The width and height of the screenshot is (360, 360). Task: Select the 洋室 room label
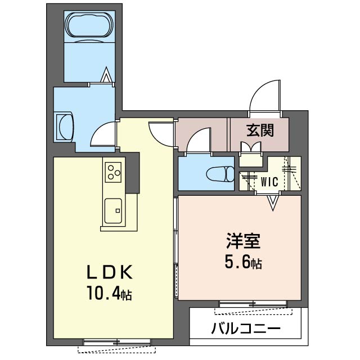(242, 242)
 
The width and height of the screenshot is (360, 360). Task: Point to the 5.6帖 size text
(243, 262)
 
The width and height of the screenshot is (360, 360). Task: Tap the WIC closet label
(269, 181)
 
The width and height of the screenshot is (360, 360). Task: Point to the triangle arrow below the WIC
(273, 202)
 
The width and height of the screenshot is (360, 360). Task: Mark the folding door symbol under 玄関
(251, 147)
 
